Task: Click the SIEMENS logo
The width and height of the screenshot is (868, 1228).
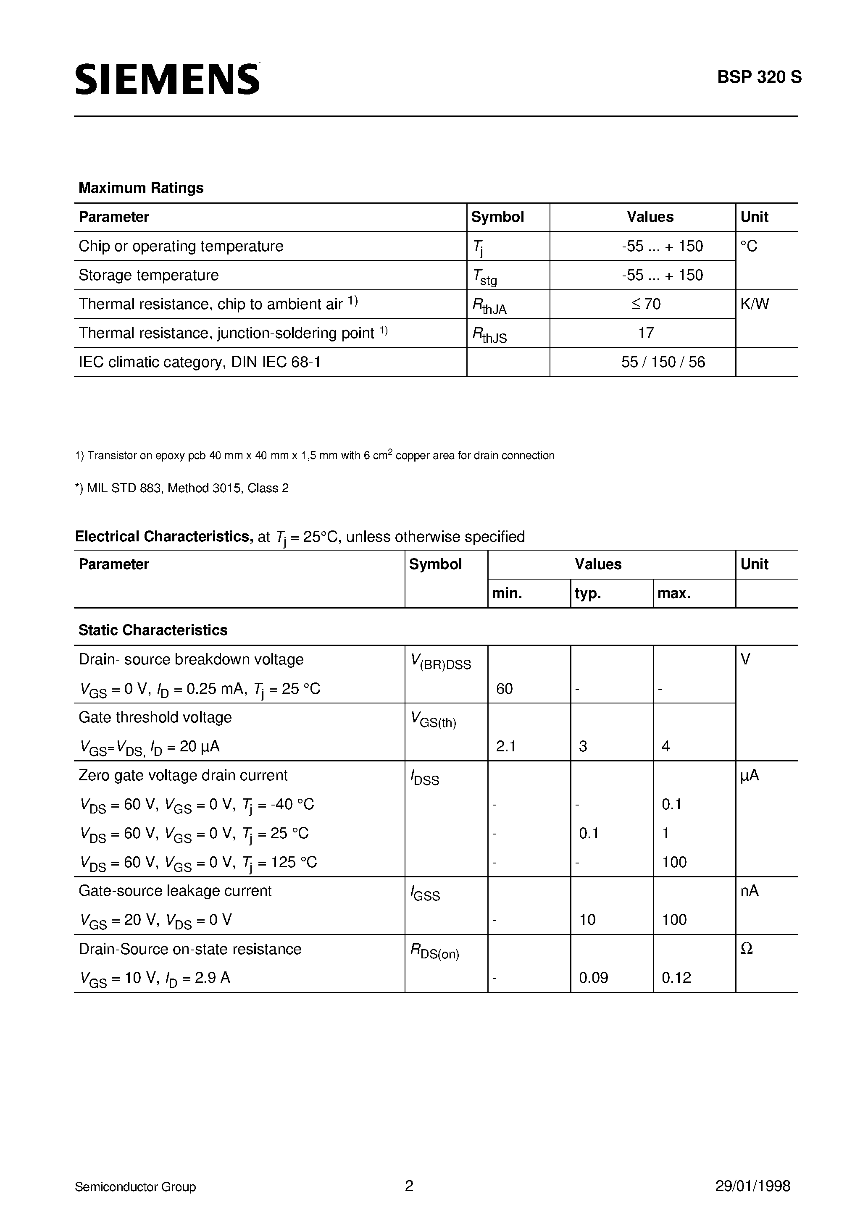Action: click(167, 79)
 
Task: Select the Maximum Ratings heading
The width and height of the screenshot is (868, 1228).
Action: click(141, 188)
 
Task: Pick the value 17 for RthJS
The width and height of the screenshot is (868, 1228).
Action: click(646, 333)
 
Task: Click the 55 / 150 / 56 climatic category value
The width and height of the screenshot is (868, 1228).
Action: click(663, 362)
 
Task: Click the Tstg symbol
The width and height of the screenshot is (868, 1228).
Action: click(484, 276)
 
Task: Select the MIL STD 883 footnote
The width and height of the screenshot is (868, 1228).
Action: click(182, 488)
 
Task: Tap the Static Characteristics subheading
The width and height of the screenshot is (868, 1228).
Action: click(153, 630)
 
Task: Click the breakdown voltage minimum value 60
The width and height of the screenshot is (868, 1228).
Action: click(504, 689)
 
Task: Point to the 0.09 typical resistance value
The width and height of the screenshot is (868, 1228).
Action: click(593, 978)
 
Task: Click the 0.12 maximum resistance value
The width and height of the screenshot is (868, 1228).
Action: click(676, 978)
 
